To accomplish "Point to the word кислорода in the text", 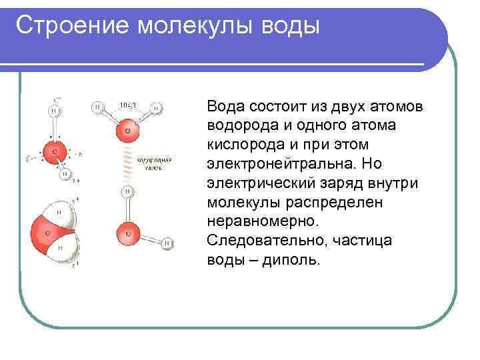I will tap(240, 145).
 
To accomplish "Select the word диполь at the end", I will tap(291, 259).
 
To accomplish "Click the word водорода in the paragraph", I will tap(239, 126).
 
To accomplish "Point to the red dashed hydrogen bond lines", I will tap(126, 164).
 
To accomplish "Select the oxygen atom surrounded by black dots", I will tap(55, 151).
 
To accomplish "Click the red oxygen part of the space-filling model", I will tap(41, 233).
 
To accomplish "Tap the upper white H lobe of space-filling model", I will tap(61, 212).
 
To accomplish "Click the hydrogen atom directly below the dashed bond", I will tap(127, 192).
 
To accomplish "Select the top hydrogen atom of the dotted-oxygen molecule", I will tap(54, 111).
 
